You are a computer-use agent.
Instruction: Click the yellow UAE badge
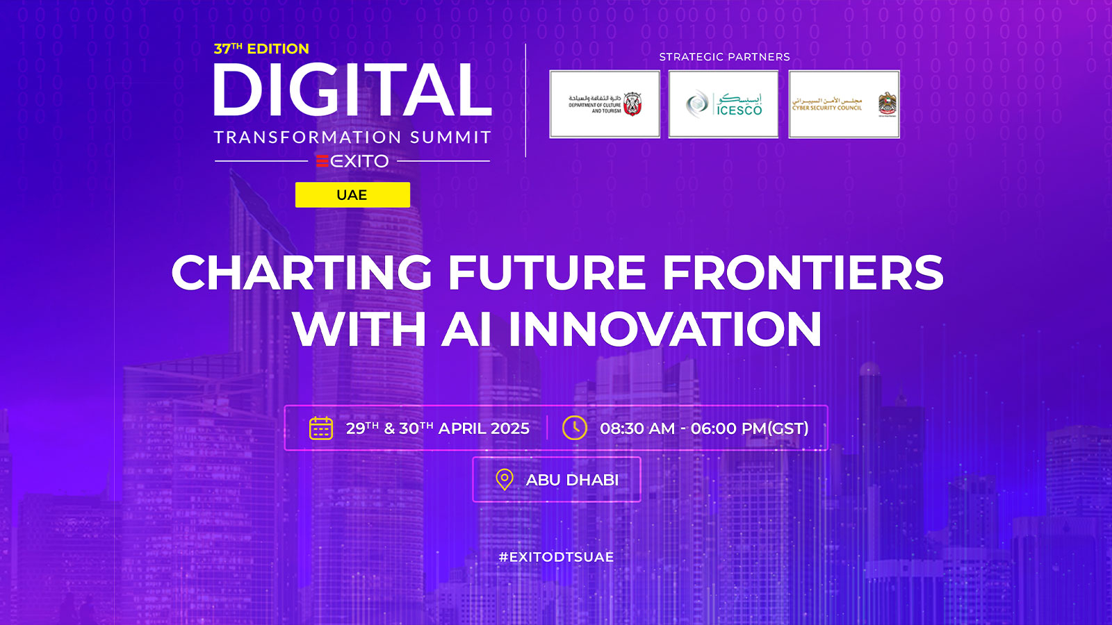coord(352,195)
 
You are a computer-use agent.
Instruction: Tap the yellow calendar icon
coord(321,428)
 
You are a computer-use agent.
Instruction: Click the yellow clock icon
coord(575,428)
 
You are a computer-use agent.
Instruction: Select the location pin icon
coord(505,479)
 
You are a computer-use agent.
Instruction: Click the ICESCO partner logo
coord(723,104)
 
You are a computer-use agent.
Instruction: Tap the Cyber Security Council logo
coord(844,104)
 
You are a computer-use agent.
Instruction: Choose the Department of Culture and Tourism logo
coord(605,104)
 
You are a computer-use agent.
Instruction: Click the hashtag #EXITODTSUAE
coord(556,557)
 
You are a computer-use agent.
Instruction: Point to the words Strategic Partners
coord(724,57)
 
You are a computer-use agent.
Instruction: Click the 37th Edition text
coord(261,49)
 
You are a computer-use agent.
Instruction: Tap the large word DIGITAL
coord(352,90)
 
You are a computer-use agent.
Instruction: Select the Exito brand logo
coord(352,161)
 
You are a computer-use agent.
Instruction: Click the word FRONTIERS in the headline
coord(803,272)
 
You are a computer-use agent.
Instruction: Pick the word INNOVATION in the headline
coord(665,329)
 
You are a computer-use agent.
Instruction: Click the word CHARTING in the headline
coord(302,272)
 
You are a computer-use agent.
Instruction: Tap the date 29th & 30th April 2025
coord(438,428)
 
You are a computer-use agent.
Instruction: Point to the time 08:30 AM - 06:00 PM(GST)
coord(704,428)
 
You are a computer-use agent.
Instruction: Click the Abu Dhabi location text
coord(572,480)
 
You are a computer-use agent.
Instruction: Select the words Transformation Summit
coord(352,137)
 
